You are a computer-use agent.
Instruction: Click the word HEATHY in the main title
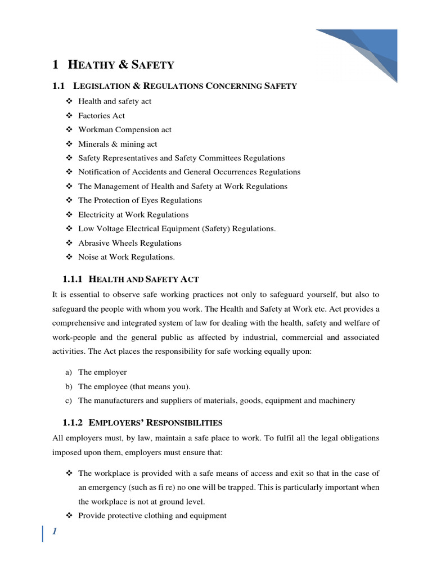coord(92,65)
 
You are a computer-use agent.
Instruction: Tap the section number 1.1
coord(59,85)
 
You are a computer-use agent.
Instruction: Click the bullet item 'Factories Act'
coord(101,115)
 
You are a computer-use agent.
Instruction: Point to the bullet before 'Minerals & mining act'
coord(69,144)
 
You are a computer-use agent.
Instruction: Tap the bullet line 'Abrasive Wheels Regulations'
coord(129,243)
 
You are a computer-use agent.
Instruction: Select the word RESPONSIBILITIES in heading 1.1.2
coord(190,422)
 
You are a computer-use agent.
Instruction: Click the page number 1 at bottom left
coord(55,533)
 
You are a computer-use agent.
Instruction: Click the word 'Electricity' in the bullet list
coord(98,214)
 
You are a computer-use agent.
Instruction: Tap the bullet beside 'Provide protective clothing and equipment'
coord(69,515)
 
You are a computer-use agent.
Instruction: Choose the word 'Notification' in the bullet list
coord(100,172)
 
